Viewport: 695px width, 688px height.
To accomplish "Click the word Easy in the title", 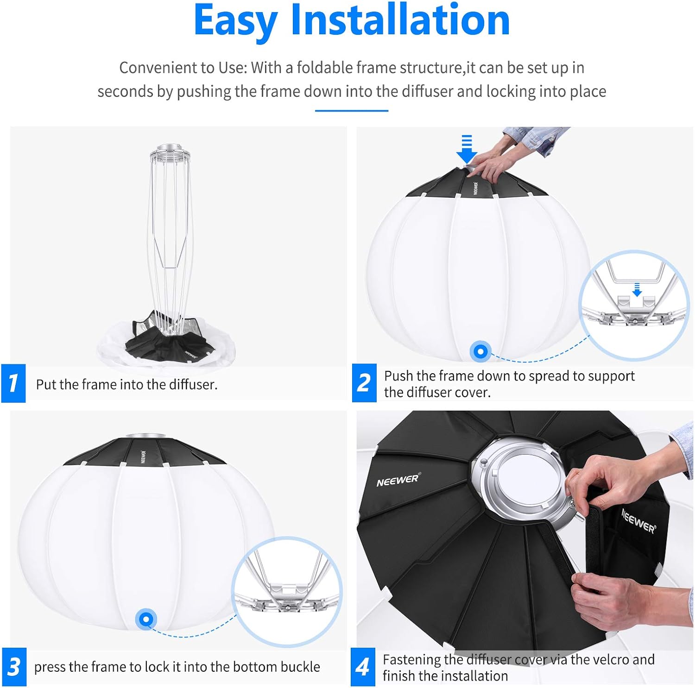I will [x=235, y=21].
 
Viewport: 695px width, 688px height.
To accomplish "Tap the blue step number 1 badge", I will [x=13, y=383].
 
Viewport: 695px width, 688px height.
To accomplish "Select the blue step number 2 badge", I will [x=364, y=383].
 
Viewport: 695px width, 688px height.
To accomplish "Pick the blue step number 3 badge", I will [x=14, y=667].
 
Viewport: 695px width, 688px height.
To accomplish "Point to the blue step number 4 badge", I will [x=363, y=667].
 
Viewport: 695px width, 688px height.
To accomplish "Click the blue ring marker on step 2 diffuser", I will [x=480, y=352].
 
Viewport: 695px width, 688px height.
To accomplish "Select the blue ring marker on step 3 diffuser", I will [x=146, y=619].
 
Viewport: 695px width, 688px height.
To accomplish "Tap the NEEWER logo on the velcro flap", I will [x=638, y=521].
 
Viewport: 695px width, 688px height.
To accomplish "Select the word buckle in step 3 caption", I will [x=300, y=667].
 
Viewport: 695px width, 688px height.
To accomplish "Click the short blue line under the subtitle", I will [x=351, y=111].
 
